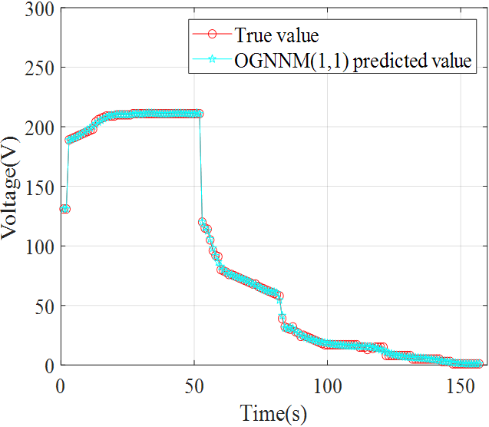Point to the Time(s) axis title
(x=273, y=413)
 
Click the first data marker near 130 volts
(x=64, y=209)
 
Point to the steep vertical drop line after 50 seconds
(x=200, y=169)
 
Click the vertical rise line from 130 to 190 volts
(x=68, y=175)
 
